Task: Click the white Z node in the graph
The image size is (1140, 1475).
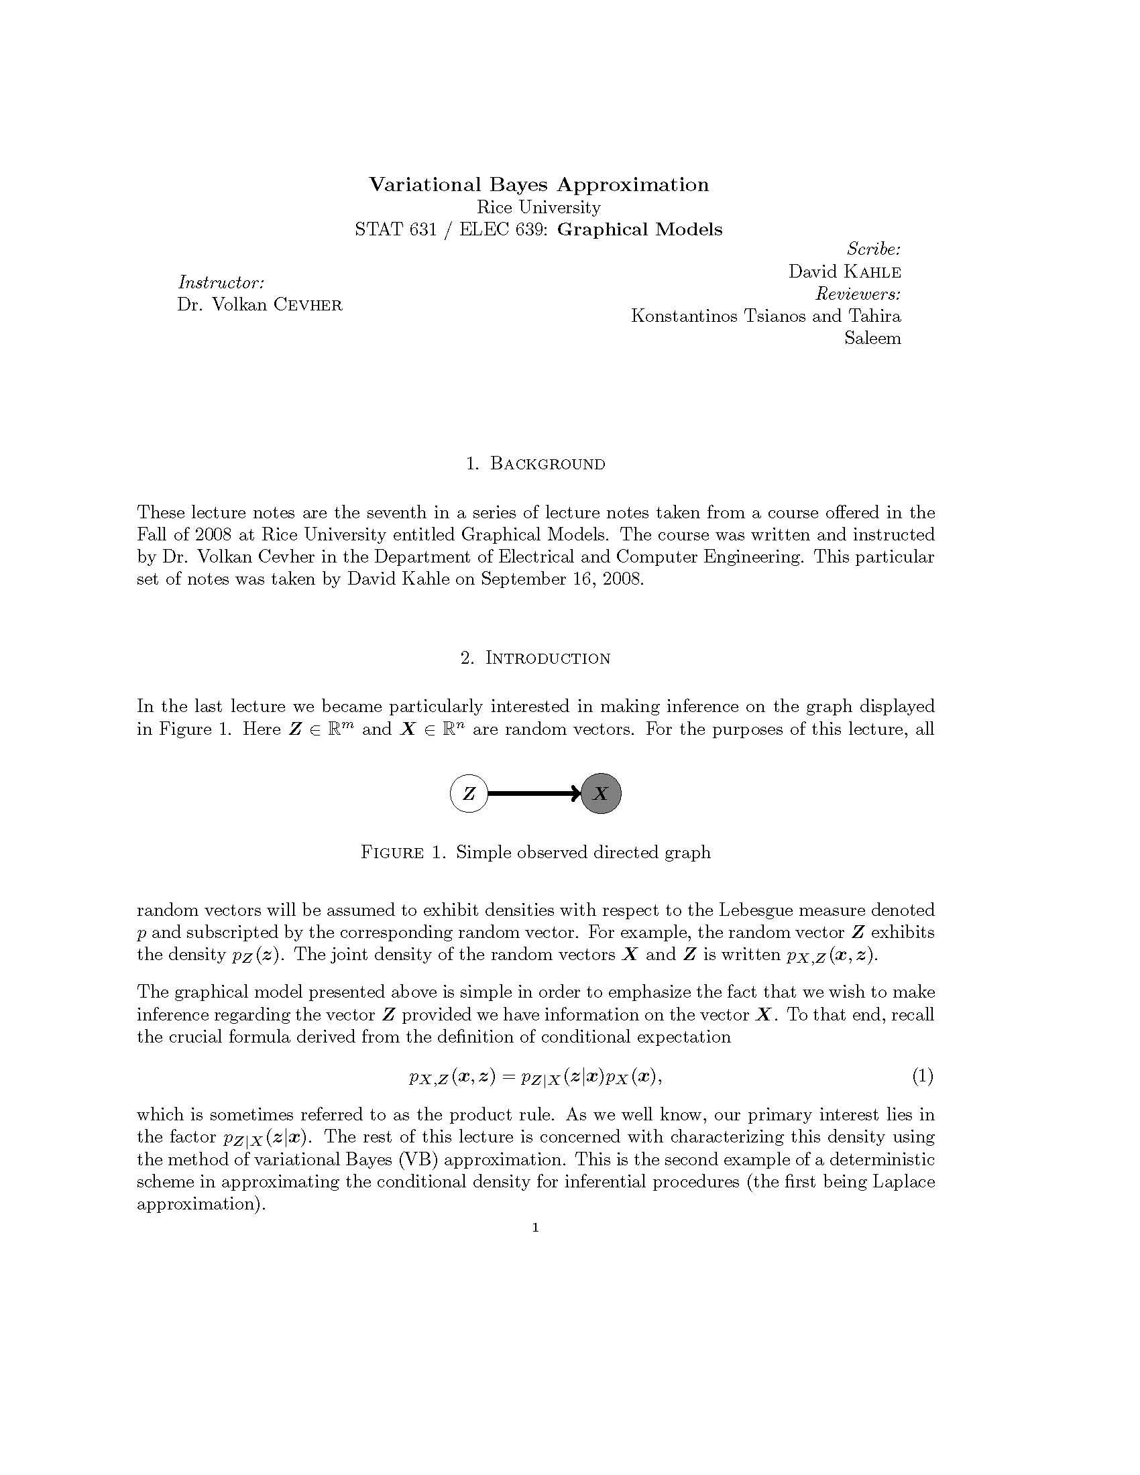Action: (x=469, y=793)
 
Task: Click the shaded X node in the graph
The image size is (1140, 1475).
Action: (x=600, y=793)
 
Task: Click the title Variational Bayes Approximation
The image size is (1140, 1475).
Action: (x=538, y=184)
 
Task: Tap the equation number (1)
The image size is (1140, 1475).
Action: (x=923, y=1076)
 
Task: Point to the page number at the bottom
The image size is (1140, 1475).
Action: (x=536, y=1227)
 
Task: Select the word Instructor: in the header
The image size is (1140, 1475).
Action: (x=221, y=282)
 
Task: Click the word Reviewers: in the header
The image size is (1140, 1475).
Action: (x=858, y=294)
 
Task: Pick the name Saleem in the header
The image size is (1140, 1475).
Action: (x=872, y=338)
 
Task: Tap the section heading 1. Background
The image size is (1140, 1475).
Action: (x=536, y=463)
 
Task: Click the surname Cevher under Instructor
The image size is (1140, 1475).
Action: (x=307, y=304)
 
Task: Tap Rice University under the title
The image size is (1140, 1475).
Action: (x=538, y=207)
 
